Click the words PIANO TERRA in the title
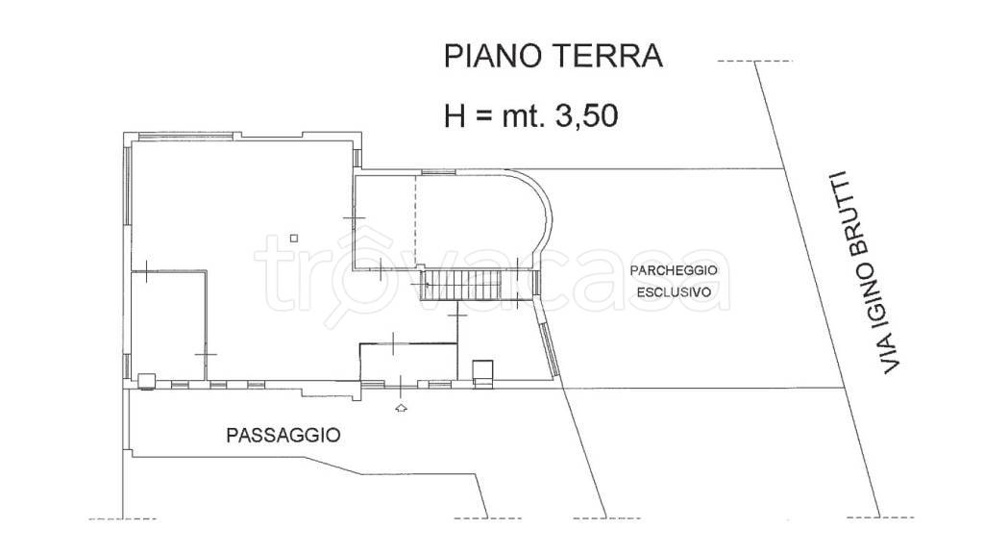[553, 56]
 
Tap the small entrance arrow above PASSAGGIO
[401, 409]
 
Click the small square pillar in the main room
[295, 238]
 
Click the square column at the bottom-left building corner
[146, 382]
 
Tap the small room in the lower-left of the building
[168, 327]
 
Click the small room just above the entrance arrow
[404, 363]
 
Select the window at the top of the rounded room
[438, 172]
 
